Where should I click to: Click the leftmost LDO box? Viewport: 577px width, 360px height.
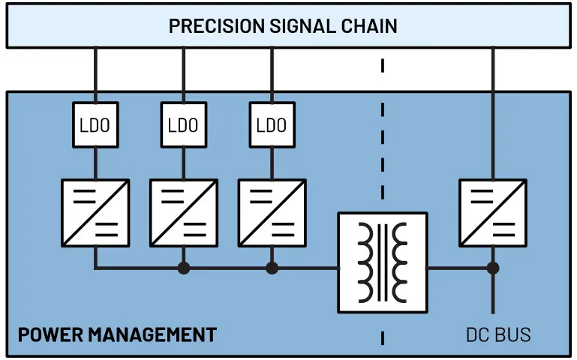point(95,124)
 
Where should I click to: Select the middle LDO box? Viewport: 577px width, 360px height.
point(183,124)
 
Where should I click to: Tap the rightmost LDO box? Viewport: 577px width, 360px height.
point(272,124)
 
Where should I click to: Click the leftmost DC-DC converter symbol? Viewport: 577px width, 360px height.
point(95,213)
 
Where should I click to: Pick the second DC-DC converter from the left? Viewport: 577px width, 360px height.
point(183,213)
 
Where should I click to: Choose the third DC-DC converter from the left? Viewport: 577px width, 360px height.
point(272,213)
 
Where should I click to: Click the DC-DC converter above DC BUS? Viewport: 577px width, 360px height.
point(492,213)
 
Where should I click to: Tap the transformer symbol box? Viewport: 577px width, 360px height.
point(383,262)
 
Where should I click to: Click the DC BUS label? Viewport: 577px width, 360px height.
point(497,334)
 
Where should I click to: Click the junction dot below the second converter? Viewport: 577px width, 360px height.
point(183,268)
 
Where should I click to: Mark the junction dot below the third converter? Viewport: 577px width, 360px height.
point(272,268)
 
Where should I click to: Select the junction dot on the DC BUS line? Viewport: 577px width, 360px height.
point(492,268)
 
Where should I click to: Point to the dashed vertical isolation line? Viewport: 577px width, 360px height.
point(383,150)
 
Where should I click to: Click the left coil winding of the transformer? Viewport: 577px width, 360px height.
point(365,262)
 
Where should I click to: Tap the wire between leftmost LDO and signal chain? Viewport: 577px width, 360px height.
point(95,75)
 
